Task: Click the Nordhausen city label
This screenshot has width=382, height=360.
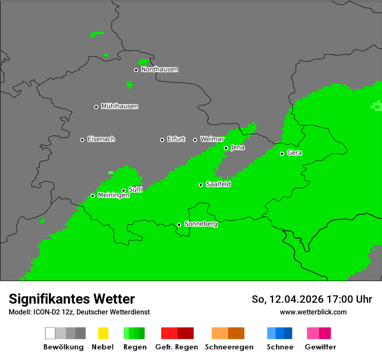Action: (x=159, y=69)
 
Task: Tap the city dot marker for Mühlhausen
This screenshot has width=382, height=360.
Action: (x=96, y=107)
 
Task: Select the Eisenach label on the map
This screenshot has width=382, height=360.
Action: (x=101, y=139)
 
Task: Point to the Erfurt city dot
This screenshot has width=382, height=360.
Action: (x=162, y=140)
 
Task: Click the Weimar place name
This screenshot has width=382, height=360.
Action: (x=212, y=139)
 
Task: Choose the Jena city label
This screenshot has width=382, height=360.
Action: (x=237, y=147)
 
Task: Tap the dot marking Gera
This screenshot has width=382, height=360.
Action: (x=282, y=154)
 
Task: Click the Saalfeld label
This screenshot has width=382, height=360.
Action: (x=218, y=184)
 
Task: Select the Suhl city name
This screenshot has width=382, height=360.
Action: (x=135, y=190)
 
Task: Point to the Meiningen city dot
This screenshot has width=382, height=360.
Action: (x=92, y=196)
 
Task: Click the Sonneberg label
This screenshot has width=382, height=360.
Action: (x=201, y=224)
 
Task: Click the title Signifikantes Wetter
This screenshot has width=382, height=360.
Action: (x=72, y=299)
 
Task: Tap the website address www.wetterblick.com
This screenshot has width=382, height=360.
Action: (x=313, y=312)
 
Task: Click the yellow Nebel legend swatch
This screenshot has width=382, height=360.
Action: (x=103, y=333)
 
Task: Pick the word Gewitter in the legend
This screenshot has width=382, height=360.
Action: (x=320, y=347)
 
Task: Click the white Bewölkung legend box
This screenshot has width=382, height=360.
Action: (x=50, y=333)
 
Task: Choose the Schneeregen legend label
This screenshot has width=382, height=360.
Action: (x=229, y=347)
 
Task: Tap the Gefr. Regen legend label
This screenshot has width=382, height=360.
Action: (x=176, y=347)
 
